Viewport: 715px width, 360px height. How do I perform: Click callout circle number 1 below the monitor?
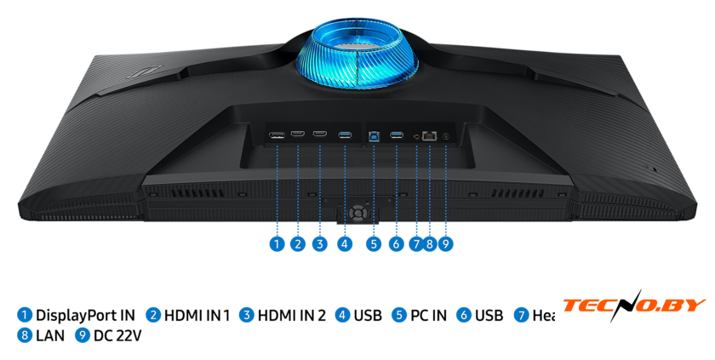277,244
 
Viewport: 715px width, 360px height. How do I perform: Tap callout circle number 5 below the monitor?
374,244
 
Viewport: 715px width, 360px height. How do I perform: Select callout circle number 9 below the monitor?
445,244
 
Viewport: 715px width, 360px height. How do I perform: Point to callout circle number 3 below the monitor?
319,244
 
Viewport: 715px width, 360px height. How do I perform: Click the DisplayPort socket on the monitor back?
277,134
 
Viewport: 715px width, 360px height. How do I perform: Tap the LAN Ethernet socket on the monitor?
430,134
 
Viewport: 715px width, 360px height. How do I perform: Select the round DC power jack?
445,134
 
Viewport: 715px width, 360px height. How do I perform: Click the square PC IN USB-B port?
374,134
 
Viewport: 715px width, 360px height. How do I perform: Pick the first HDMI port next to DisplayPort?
298,134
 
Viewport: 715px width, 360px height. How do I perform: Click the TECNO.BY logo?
633,305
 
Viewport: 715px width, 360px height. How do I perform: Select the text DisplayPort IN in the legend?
85,316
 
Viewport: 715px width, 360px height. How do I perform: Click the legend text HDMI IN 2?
292,316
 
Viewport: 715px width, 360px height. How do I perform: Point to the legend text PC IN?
428,316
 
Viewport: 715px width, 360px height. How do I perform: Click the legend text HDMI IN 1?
197,316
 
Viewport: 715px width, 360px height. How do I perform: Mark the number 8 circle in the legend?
25,335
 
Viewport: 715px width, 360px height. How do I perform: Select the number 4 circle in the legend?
342,316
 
